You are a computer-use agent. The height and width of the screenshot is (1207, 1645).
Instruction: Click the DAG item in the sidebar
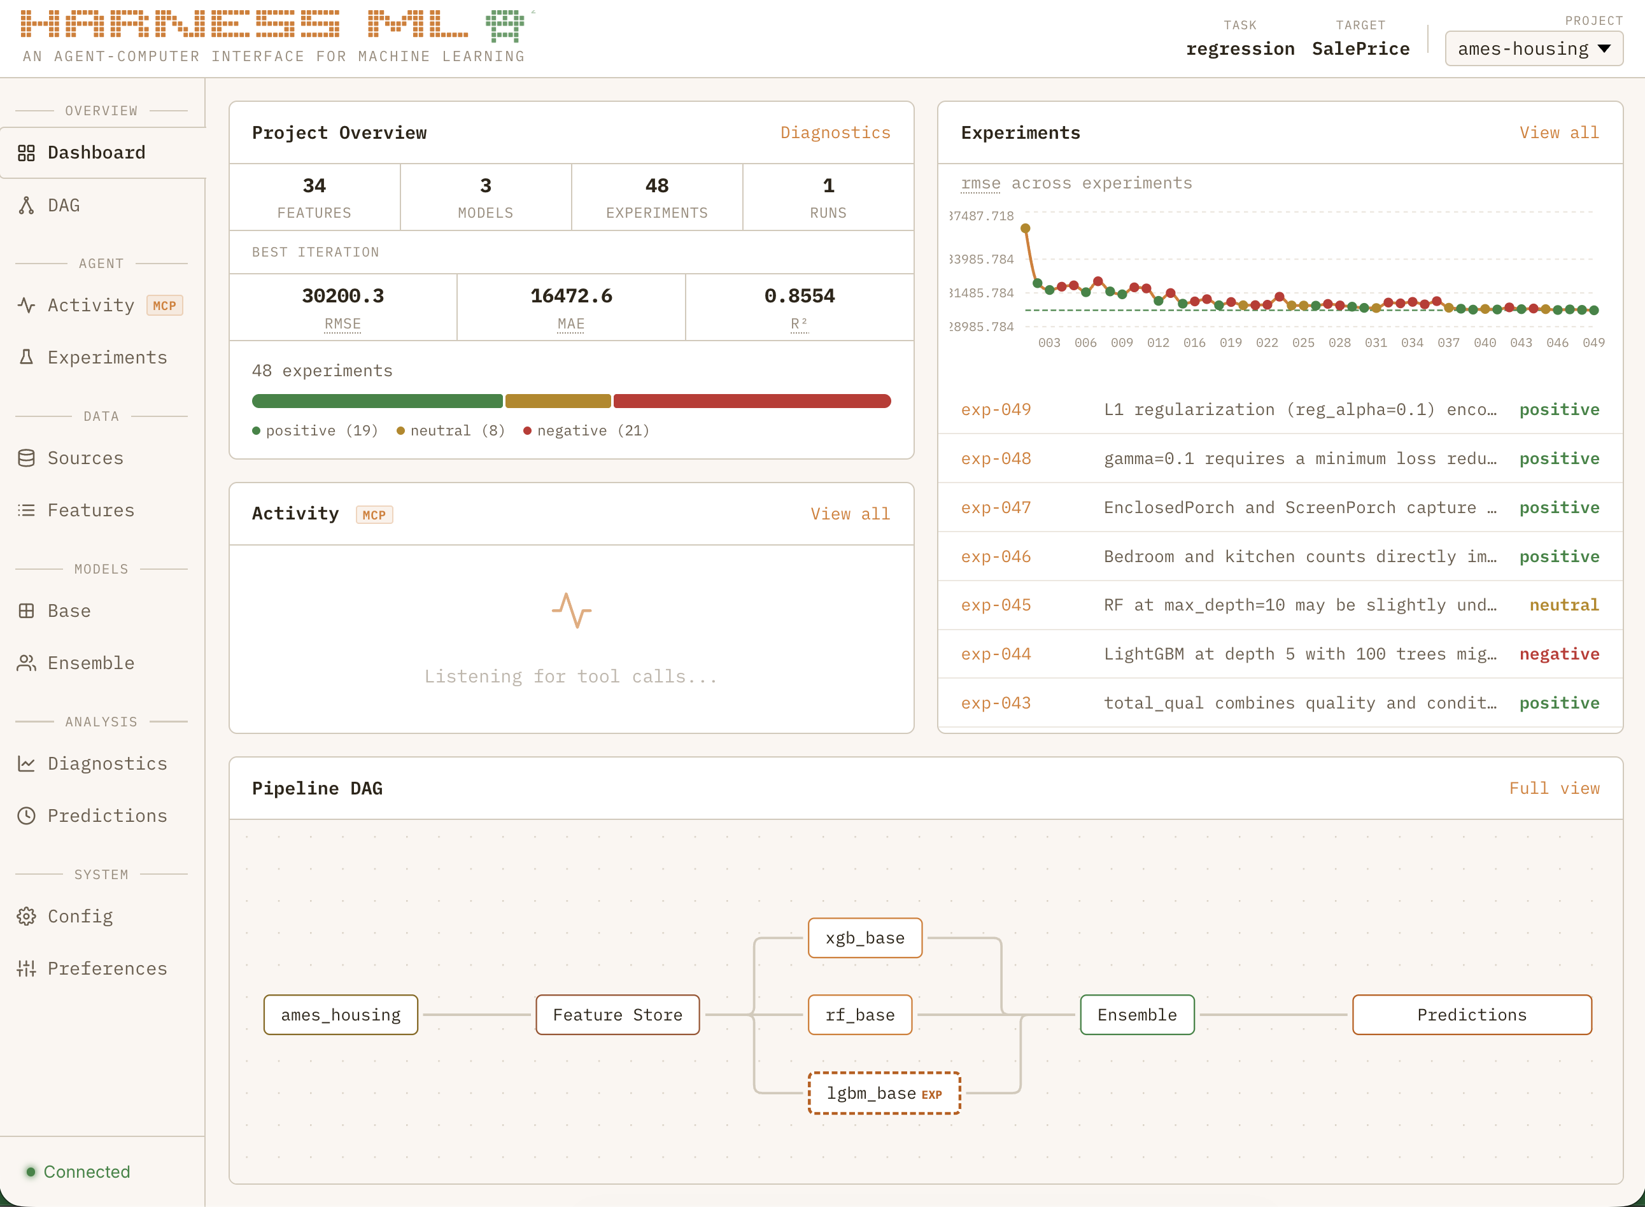64,206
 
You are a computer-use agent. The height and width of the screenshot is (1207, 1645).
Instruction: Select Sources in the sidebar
85,458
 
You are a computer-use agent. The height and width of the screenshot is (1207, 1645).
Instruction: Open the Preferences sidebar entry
107,968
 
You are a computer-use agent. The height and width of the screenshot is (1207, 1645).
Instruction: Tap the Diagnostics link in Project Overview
835,132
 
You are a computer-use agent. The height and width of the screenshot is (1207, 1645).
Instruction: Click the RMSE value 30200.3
342,296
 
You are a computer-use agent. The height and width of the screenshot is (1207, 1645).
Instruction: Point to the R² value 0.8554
799,296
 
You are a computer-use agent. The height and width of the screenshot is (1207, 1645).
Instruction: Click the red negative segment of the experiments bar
752,401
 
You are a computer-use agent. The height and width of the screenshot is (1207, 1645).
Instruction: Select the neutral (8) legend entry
451,430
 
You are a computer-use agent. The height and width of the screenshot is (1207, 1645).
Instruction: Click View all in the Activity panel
849,514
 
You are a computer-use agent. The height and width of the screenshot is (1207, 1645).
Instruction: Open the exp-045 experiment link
996,605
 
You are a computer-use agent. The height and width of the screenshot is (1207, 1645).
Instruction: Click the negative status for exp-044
1559,654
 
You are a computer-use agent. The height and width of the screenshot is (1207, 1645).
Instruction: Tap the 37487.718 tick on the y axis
982,216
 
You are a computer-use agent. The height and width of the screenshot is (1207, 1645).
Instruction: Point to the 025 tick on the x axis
1303,342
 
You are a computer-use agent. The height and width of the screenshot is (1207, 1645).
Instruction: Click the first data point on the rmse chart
1026,229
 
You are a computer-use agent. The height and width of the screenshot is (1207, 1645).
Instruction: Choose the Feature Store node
618,1015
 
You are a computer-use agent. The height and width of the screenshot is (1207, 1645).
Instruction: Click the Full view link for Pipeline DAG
1554,788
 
